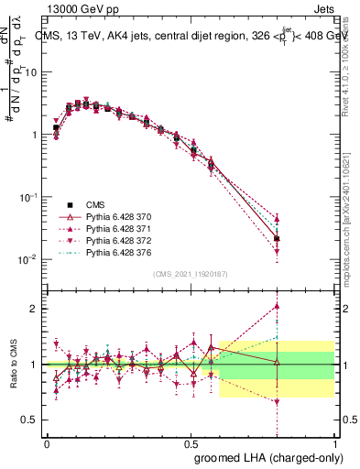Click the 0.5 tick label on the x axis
point(191,442)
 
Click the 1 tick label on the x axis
point(335,442)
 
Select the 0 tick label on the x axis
point(47,442)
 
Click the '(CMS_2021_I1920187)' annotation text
point(191,274)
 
